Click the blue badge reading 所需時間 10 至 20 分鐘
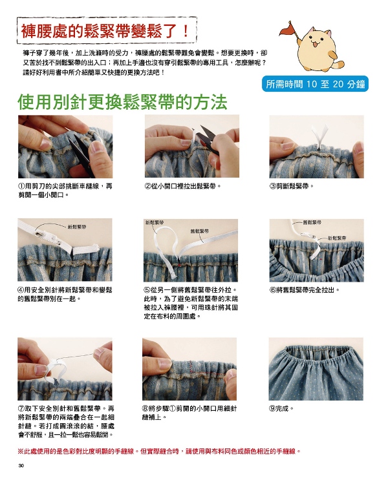click(x=315, y=84)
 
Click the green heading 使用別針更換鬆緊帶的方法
click(x=122, y=102)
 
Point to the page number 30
click(x=21, y=466)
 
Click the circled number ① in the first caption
click(x=21, y=186)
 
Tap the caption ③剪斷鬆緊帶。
click(x=292, y=186)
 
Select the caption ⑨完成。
click(x=281, y=408)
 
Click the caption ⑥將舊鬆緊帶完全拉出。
click(x=305, y=289)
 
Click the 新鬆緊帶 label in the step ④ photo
click(x=77, y=227)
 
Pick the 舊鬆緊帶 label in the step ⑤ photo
click(x=200, y=231)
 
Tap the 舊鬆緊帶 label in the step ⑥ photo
click(x=312, y=222)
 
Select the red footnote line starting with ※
click(x=160, y=451)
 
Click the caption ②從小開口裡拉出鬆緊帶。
click(x=182, y=186)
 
